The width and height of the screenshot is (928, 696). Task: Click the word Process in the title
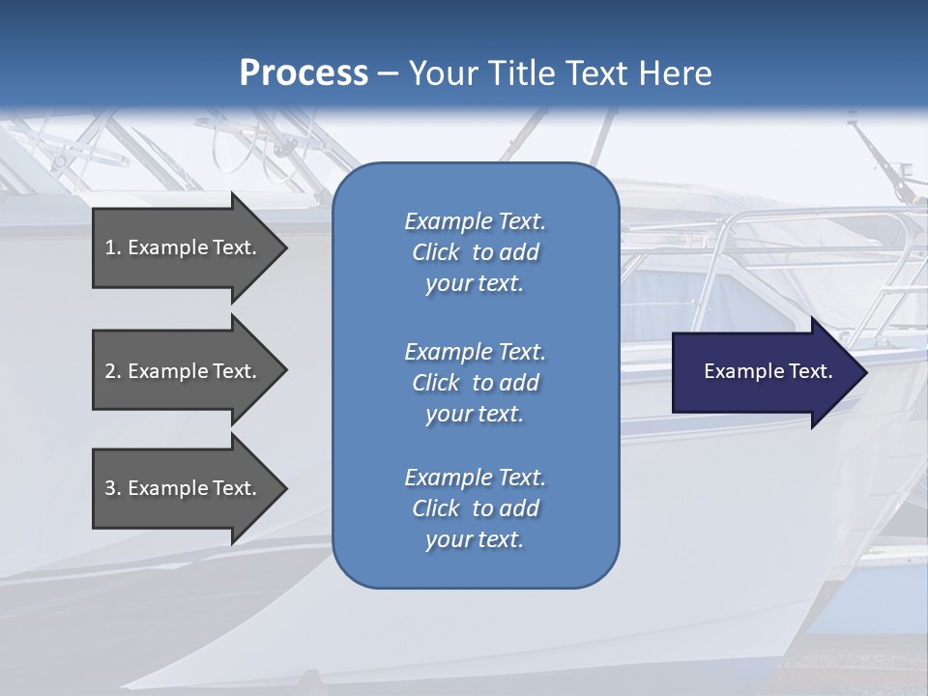pos(304,73)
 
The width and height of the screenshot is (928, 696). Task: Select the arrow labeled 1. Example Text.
pos(184,247)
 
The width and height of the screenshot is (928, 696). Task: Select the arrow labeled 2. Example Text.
pos(184,371)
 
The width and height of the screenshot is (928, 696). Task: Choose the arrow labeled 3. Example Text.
pos(184,488)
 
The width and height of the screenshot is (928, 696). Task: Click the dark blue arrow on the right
pos(764,372)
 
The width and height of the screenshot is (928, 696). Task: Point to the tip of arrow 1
pos(285,247)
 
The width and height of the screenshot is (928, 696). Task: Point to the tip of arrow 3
pos(285,488)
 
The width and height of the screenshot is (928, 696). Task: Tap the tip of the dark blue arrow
pos(865,372)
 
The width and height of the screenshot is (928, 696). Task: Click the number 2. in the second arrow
pos(112,371)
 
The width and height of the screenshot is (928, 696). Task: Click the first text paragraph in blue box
pos(475,252)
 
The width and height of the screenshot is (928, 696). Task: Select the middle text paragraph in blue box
pos(475,382)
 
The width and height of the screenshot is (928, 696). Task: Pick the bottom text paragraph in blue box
pos(475,508)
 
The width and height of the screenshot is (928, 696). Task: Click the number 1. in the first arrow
pos(112,247)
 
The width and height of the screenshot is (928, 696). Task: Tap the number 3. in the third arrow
pos(112,488)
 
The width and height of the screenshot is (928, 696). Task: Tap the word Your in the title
pos(437,73)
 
